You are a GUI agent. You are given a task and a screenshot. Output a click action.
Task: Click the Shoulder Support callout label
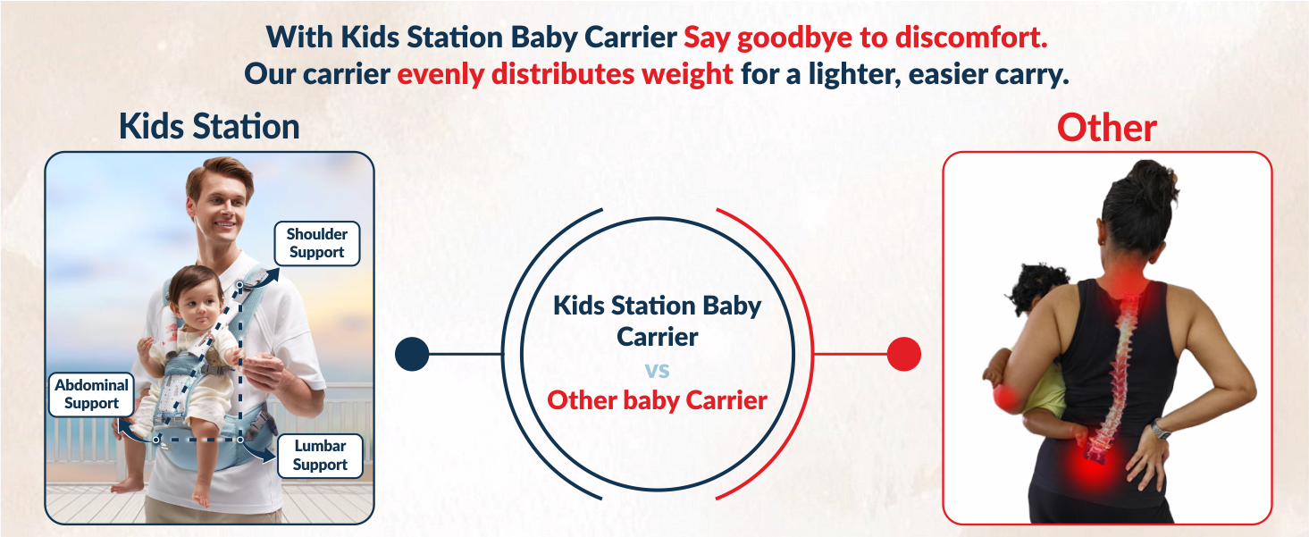pyautogui.click(x=316, y=243)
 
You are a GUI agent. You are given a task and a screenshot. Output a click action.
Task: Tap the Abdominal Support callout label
pyautogui.click(x=91, y=394)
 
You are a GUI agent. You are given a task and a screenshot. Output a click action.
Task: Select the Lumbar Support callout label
pyautogui.click(x=319, y=455)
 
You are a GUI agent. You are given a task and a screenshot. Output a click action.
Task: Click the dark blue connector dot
pyautogui.click(x=412, y=355)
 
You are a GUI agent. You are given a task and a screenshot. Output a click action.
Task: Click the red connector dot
pyautogui.click(x=903, y=355)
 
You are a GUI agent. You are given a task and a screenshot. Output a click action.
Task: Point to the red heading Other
pyautogui.click(x=1106, y=128)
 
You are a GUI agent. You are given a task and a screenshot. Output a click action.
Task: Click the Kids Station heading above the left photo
pyautogui.click(x=209, y=127)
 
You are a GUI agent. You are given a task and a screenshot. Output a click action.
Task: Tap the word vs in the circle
pyautogui.click(x=657, y=370)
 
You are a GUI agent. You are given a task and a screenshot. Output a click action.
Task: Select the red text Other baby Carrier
pyautogui.click(x=657, y=399)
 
